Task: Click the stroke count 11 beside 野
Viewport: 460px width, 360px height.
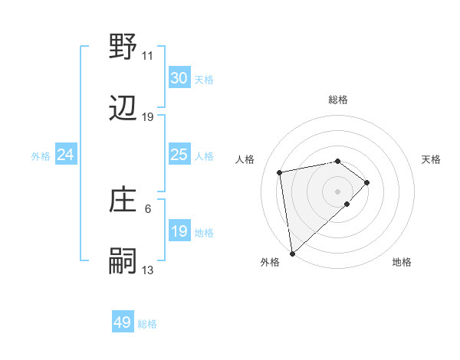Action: [147, 55]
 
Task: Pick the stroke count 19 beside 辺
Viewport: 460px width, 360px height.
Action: [147, 117]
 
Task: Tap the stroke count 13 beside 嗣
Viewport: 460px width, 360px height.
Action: [147, 270]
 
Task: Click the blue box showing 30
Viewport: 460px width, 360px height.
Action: [179, 78]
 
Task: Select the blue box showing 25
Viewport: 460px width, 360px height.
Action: [179, 155]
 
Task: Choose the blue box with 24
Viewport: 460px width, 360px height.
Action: [66, 155]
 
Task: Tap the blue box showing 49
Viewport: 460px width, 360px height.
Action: [123, 322]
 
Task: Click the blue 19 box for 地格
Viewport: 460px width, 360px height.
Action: [179, 231]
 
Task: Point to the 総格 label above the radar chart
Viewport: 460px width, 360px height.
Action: [338, 100]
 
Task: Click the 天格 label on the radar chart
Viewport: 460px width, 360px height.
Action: [432, 159]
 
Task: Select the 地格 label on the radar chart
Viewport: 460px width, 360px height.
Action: [402, 262]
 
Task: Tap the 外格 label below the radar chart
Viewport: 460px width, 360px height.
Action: [270, 262]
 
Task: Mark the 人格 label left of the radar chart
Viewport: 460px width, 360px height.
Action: [245, 159]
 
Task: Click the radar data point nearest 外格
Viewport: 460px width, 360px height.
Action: [292, 253]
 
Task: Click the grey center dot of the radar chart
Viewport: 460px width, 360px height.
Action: [338, 191]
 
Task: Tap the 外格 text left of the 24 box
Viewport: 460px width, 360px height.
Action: [41, 155]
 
